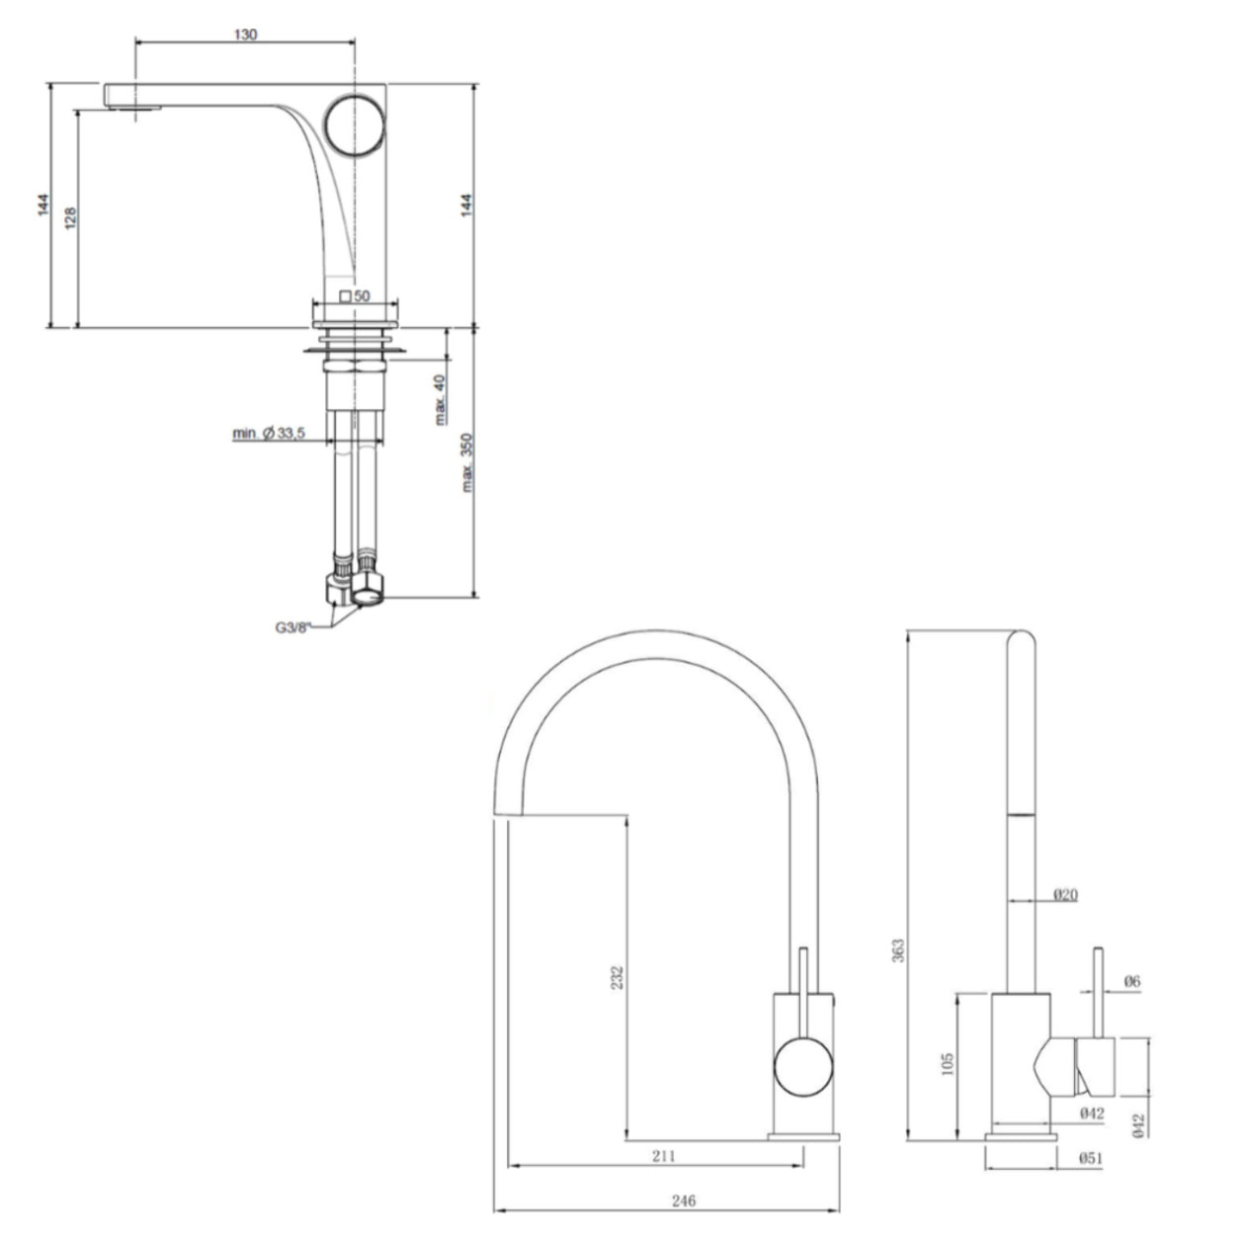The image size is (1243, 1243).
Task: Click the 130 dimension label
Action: (x=246, y=35)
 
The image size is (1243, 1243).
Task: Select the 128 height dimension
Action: (x=71, y=218)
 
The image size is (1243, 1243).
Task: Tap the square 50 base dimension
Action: (x=355, y=295)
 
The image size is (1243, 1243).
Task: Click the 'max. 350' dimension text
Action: (x=468, y=462)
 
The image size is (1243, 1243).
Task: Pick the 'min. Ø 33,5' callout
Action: (x=268, y=433)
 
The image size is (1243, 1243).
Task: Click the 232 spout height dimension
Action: (x=618, y=976)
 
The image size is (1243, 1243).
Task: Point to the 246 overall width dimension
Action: (x=683, y=1201)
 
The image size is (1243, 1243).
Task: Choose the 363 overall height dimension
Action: (x=897, y=950)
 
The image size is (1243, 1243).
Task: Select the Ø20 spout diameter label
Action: (x=1065, y=894)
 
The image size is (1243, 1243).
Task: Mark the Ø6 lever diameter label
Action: (x=1131, y=981)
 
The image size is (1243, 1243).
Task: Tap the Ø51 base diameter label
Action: (x=1091, y=1157)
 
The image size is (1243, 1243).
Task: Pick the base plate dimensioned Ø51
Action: (x=1021, y=1138)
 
